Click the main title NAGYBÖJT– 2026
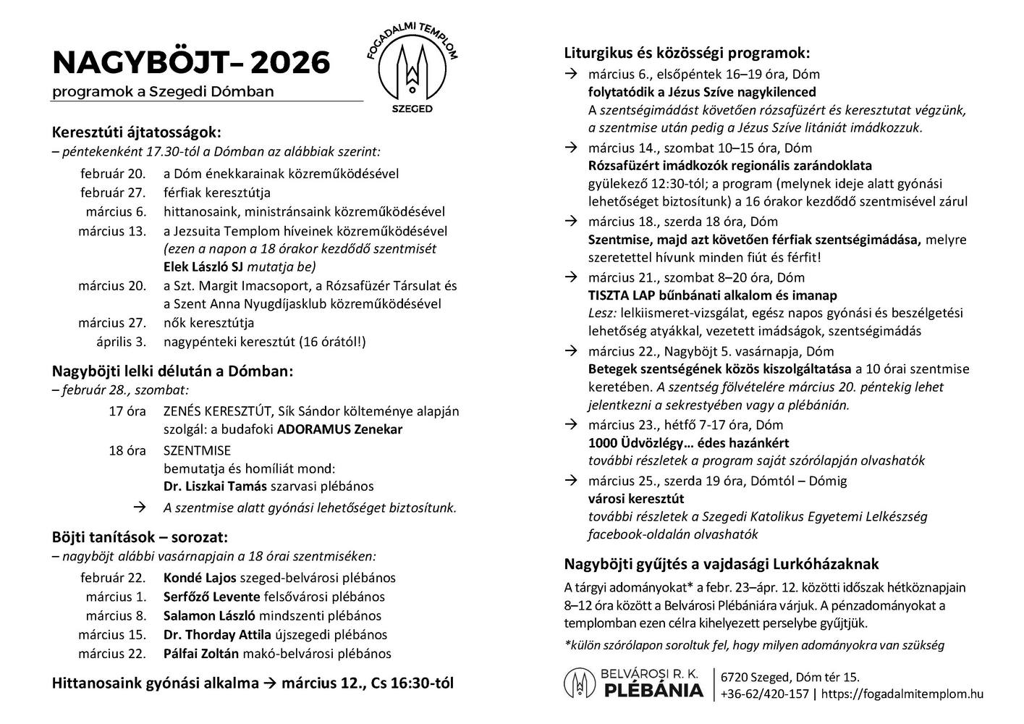coord(191,63)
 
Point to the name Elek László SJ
coord(204,266)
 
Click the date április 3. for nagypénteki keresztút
coord(122,342)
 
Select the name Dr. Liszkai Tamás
coord(215,486)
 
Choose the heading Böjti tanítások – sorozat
coord(140,537)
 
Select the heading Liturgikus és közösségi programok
coord(687,53)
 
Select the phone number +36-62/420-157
coord(765,694)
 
